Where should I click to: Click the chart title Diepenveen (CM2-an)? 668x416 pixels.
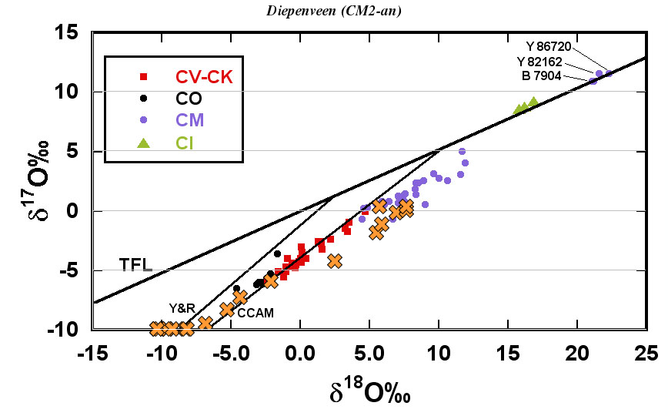[333, 11]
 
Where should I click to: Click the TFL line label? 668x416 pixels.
[135, 265]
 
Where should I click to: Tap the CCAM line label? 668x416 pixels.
[256, 313]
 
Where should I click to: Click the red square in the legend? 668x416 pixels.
[143, 76]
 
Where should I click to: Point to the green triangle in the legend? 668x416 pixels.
[143, 142]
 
